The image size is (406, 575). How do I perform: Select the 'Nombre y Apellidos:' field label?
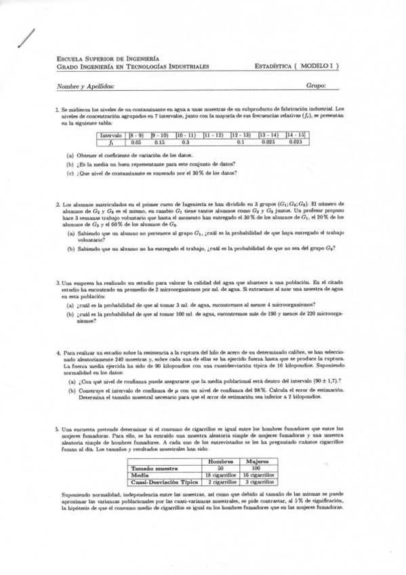(x=85, y=86)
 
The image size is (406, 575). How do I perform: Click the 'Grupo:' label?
(x=317, y=86)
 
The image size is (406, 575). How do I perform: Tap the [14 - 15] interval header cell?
(x=296, y=134)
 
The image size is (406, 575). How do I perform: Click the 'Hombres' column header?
(x=220, y=461)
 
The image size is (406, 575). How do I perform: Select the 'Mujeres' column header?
(x=256, y=461)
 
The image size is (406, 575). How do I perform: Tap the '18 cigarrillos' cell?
(x=220, y=475)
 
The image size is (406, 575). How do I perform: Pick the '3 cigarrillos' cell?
(x=256, y=481)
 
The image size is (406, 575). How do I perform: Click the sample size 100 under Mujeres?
(x=256, y=468)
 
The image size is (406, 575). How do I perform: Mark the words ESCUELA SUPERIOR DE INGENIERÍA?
(x=108, y=60)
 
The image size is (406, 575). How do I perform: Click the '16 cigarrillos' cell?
(x=256, y=475)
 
